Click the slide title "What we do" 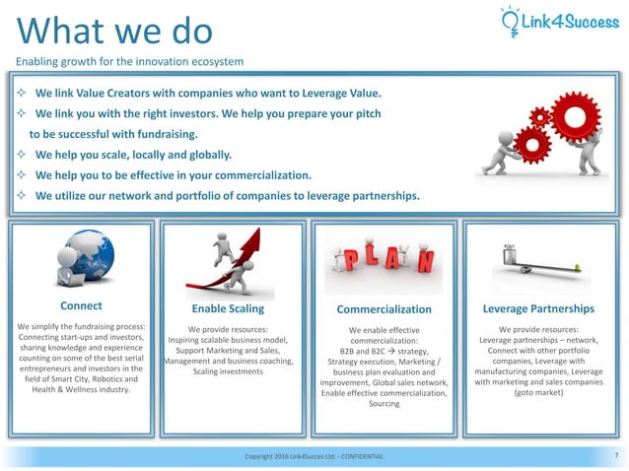coord(115,31)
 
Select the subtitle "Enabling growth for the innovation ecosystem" coord(129,62)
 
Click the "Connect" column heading coord(81,305)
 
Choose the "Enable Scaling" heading coord(227,308)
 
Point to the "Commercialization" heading coord(384,308)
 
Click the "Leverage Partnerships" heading coord(538,308)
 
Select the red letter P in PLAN coord(350,259)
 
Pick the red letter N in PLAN coord(425,261)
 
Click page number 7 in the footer coord(615,455)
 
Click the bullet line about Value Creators coord(207,95)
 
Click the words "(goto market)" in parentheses coord(538,391)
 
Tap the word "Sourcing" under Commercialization coord(384,404)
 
